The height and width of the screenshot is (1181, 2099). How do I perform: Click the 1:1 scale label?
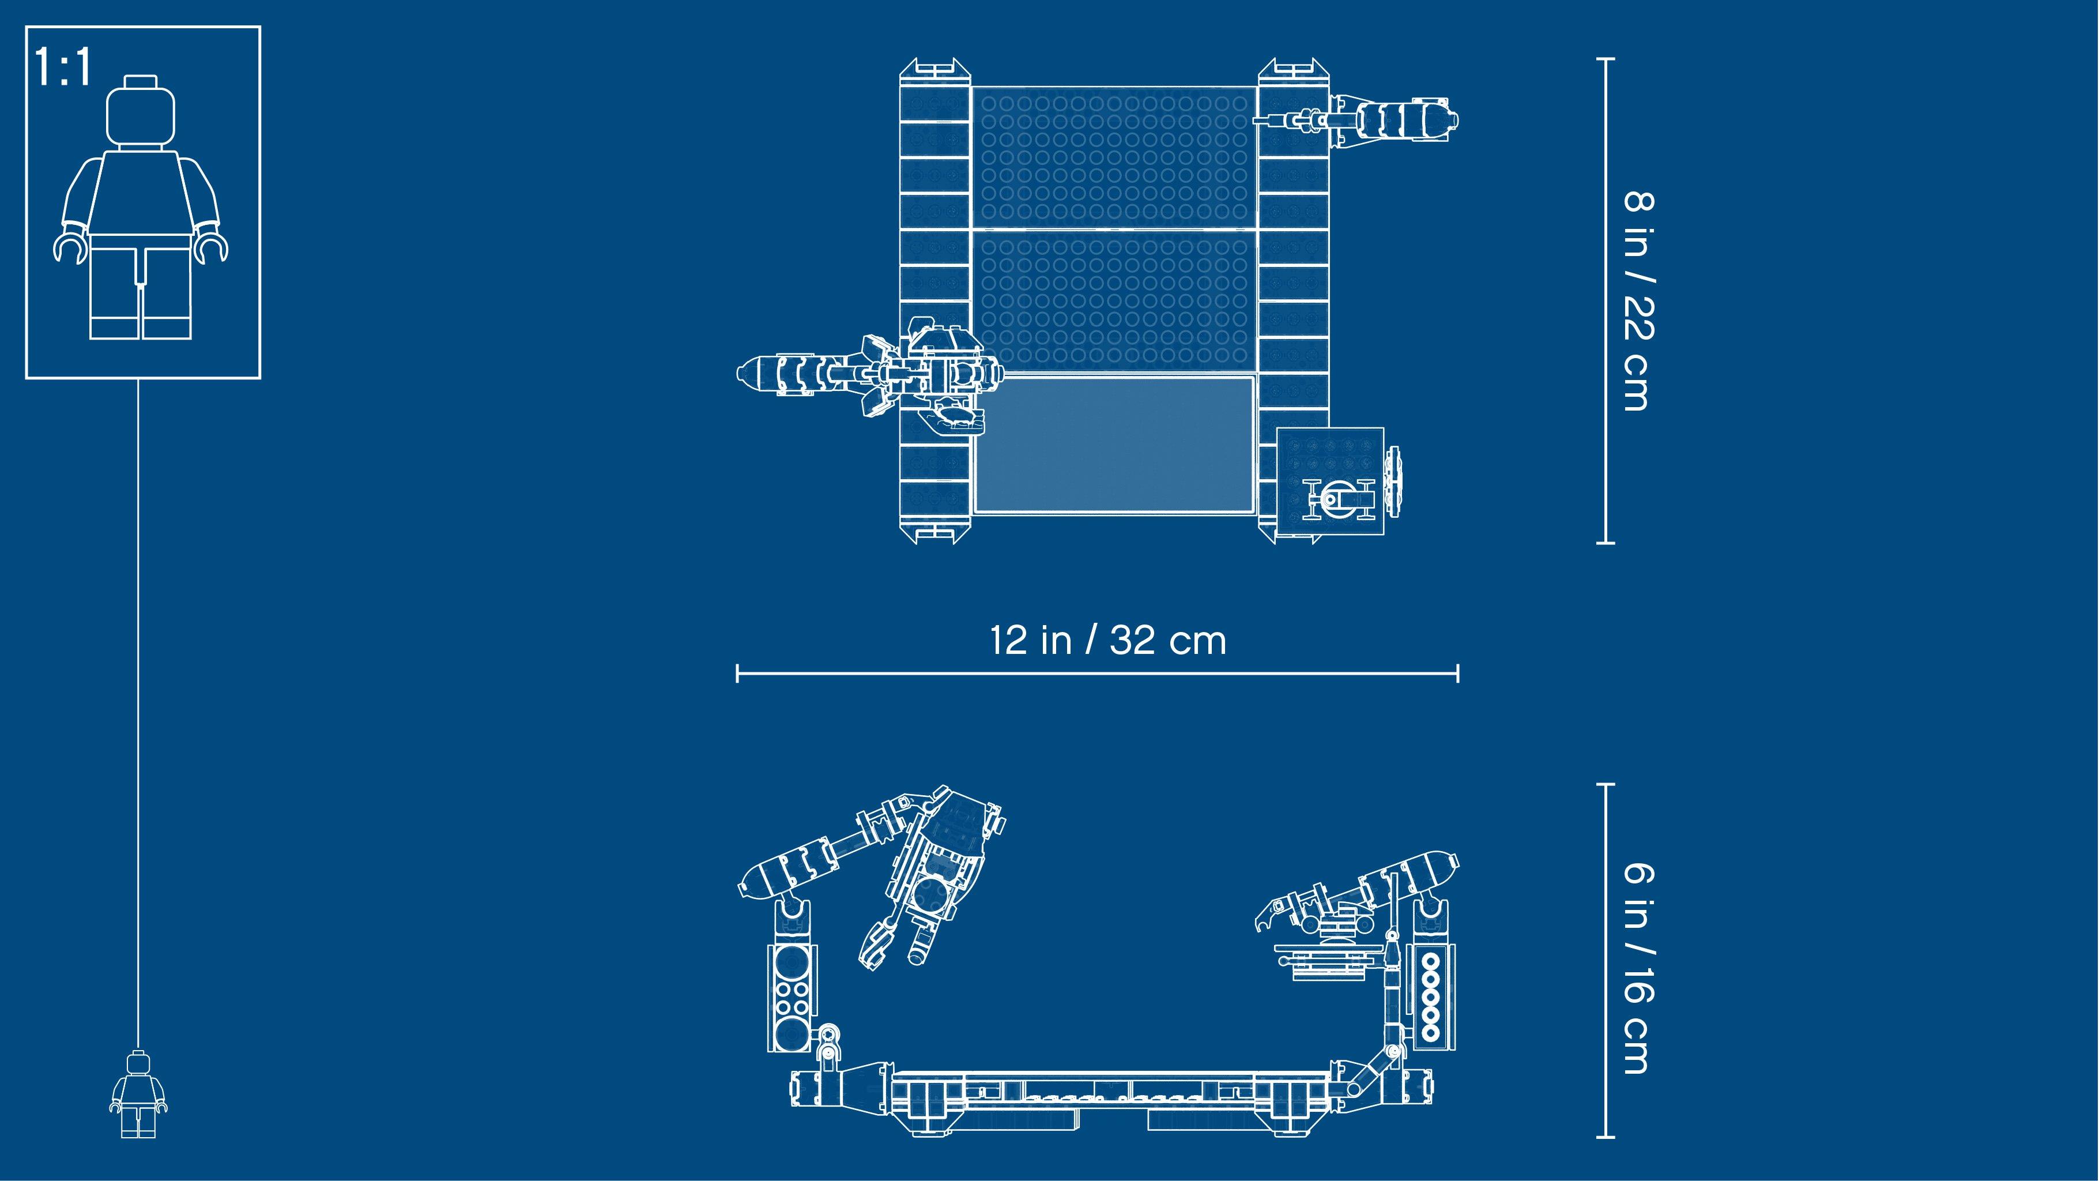click(63, 69)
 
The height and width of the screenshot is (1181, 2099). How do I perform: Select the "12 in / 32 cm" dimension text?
click(1107, 641)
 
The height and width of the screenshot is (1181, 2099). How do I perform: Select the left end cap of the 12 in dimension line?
click(737, 673)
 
